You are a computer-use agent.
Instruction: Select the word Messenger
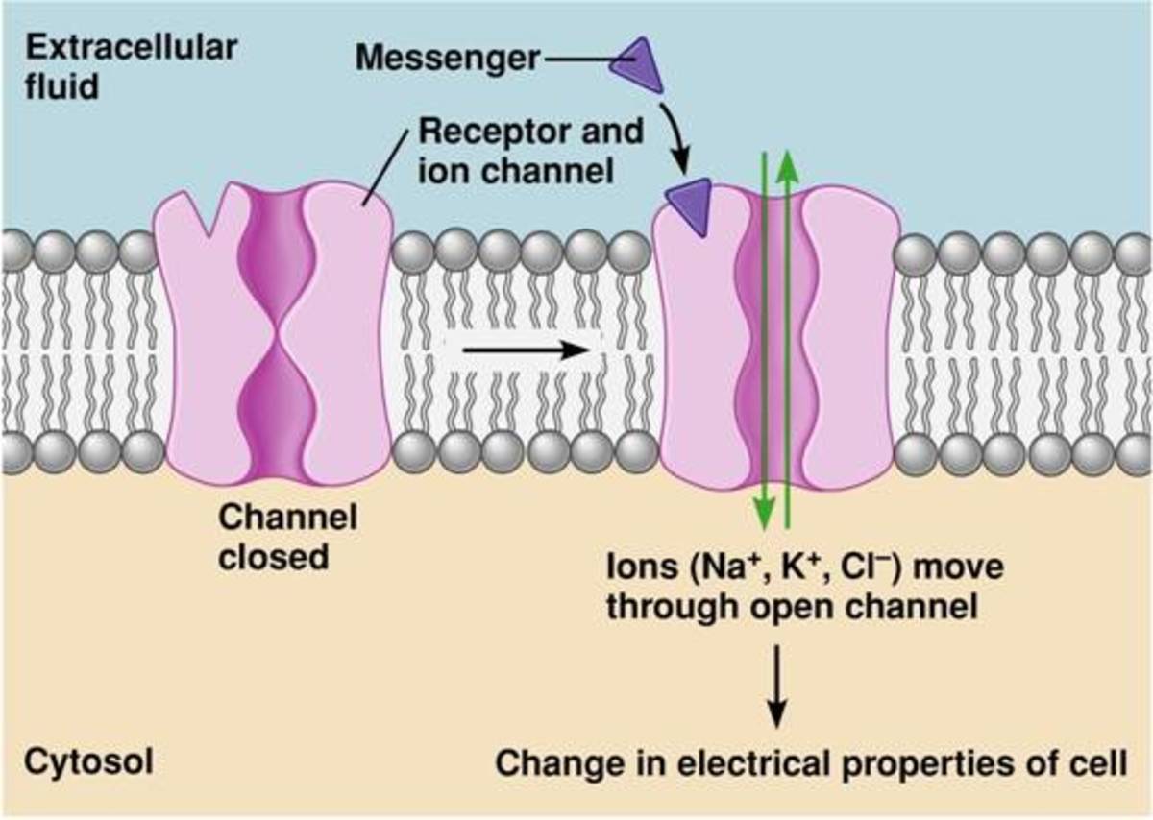click(447, 58)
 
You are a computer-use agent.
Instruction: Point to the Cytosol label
click(88, 762)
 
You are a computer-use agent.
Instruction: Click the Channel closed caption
click(287, 537)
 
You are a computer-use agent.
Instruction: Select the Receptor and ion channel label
click(530, 151)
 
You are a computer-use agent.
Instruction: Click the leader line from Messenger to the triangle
click(576, 60)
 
